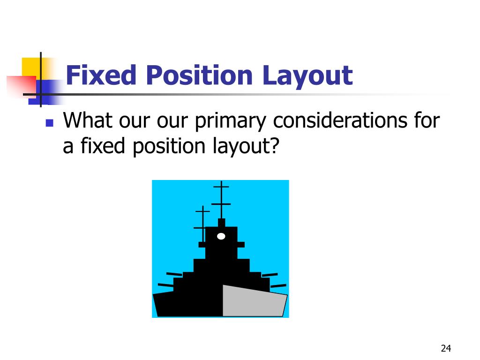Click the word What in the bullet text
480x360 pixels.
(89, 121)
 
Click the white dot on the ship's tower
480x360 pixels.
(221, 236)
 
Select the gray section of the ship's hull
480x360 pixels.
(253, 301)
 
